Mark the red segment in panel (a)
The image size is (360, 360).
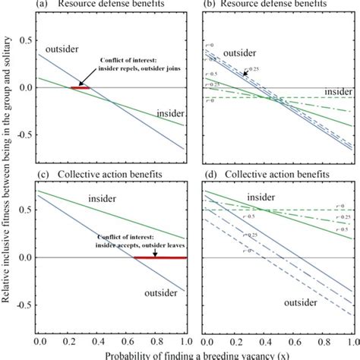point(80,88)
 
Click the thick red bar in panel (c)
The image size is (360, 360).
point(160,257)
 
